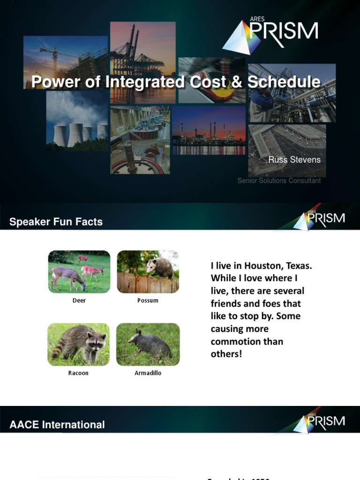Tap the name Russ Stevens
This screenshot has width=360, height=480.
(294, 160)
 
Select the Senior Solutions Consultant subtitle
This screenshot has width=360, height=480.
(279, 180)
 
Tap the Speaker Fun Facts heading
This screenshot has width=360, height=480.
(56, 222)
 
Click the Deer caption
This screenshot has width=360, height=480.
(79, 300)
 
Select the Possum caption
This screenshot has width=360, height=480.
(148, 300)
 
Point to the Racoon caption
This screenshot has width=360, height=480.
(78, 373)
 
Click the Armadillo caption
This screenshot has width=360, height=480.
(148, 373)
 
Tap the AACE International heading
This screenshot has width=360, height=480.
(57, 425)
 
